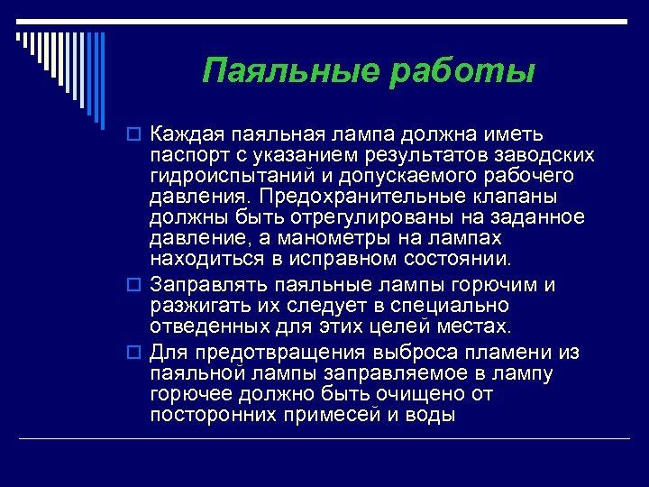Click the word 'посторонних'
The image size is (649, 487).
tap(204, 415)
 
